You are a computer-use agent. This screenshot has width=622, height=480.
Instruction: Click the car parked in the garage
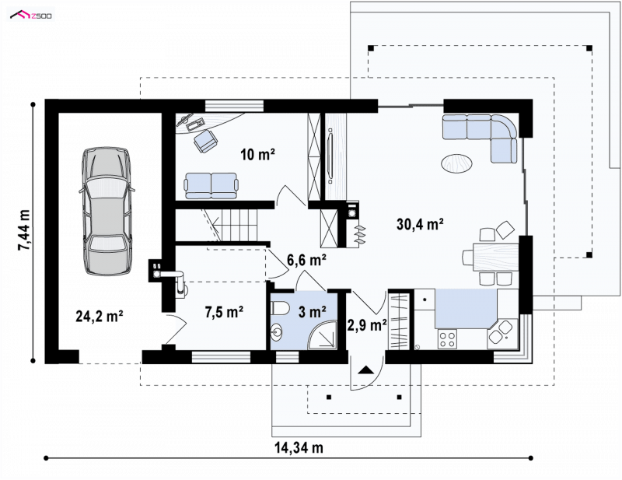[107, 212]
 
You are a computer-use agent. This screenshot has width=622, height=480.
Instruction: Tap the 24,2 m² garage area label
[100, 317]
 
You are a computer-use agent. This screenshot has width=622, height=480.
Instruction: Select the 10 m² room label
[258, 155]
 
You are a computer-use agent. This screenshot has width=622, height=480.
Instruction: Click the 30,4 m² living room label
[420, 224]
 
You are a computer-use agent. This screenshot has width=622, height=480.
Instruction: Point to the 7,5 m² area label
[224, 313]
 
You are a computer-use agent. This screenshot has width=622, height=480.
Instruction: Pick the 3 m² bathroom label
[313, 312]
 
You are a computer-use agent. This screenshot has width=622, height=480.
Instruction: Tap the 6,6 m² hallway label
[306, 260]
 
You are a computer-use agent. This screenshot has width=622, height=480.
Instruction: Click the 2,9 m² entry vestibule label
[367, 325]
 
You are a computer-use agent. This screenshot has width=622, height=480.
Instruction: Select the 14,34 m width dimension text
[299, 448]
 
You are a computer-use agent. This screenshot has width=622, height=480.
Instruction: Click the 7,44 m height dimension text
[24, 230]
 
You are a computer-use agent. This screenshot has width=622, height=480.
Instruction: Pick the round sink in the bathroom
[277, 332]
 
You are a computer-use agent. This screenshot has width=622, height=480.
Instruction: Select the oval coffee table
[456, 163]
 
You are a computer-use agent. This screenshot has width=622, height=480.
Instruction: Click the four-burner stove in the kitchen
[447, 339]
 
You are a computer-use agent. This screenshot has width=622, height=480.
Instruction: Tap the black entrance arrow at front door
[365, 370]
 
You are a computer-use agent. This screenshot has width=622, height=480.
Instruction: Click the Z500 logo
[31, 16]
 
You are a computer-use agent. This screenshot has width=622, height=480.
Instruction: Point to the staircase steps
[236, 225]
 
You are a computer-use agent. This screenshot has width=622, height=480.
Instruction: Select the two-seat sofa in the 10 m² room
[211, 185]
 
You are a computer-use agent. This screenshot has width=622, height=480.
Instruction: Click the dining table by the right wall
[495, 258]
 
